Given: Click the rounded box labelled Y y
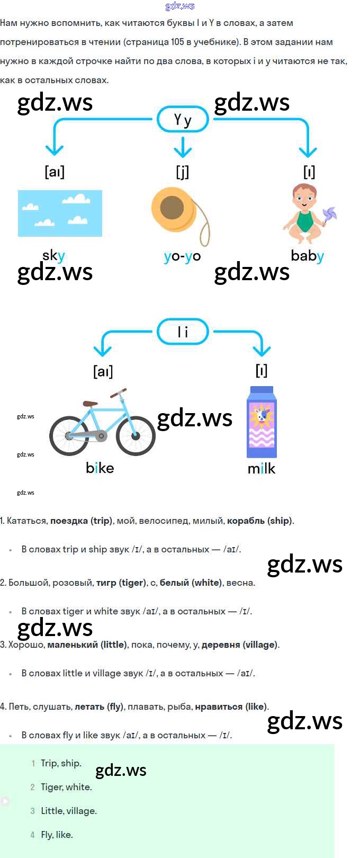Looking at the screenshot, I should pos(183,120).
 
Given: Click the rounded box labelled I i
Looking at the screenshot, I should pos(183,332).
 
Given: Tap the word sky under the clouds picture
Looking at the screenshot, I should pos(53,256).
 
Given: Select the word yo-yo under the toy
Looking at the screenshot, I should pos(182,256).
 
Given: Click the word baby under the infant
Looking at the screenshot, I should pos(307,256).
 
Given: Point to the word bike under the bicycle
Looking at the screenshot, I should pos(100,468).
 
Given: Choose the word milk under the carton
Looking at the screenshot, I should pos(262,468).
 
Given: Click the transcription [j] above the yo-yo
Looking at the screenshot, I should pos(182,172).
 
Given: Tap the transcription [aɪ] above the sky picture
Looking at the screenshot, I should pos(55,172).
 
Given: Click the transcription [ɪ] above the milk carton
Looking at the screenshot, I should pos(262,370).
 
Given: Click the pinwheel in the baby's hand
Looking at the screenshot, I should pos(328,215).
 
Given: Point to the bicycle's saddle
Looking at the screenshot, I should pos(91,404).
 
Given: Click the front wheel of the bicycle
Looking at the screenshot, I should pos(136,435).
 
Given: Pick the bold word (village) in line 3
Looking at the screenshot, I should pos(259,645).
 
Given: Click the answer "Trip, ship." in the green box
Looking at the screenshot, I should pos(61,763).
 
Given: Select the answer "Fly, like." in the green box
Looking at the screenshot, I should pos(57,835).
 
